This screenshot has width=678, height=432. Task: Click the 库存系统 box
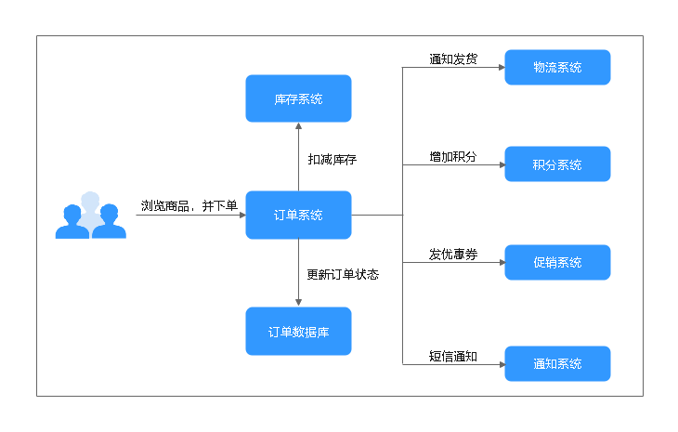[x=298, y=98]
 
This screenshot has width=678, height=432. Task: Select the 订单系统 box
[x=298, y=215]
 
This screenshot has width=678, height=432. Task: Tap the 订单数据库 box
[x=298, y=331]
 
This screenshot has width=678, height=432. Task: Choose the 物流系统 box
[x=557, y=67]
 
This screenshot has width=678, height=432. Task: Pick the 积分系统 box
[x=557, y=164]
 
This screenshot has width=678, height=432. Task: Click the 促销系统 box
[x=557, y=262]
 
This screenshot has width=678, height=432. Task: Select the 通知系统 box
[x=557, y=363]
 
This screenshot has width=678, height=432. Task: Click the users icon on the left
[x=90, y=215]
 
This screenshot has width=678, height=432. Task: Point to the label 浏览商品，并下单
[x=189, y=205]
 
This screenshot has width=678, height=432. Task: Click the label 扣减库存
[x=332, y=159]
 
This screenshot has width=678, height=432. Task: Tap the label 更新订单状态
[x=343, y=274]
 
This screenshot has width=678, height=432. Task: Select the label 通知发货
[x=453, y=59]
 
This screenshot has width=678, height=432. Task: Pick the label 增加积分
[x=453, y=156]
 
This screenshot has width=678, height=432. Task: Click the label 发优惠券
[x=453, y=254]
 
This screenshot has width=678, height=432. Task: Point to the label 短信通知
[x=453, y=355]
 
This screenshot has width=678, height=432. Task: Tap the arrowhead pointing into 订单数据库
[x=298, y=302]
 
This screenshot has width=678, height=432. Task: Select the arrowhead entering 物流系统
[x=501, y=68]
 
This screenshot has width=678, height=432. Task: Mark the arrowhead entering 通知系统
[x=501, y=364]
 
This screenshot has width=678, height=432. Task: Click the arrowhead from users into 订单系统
[x=241, y=216]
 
